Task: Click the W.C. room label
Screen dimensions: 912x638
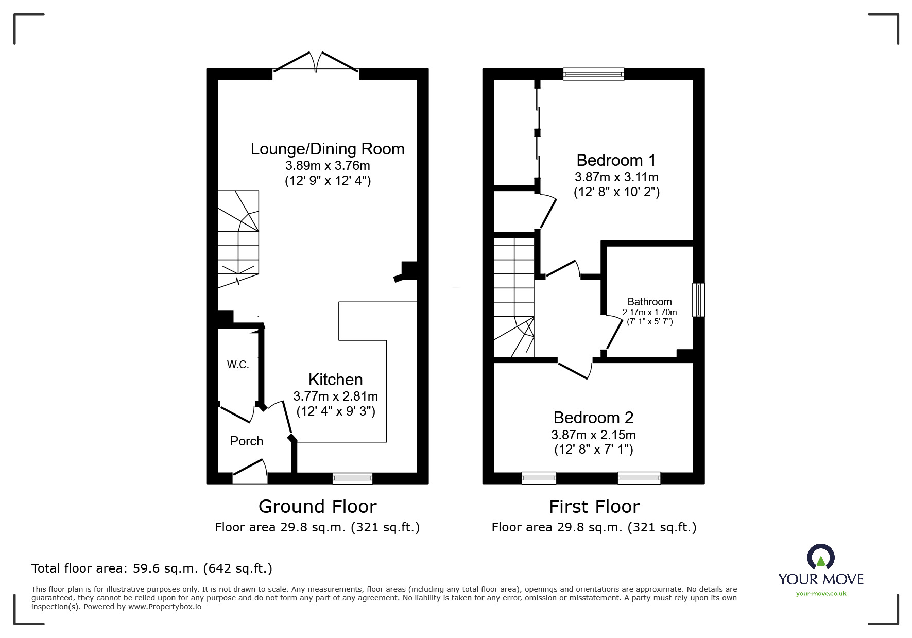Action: pos(238,365)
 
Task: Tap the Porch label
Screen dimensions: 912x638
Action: pos(247,441)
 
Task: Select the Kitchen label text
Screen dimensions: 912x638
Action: pos(336,380)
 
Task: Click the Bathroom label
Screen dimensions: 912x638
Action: pos(649,302)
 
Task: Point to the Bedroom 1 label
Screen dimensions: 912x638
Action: pos(616,160)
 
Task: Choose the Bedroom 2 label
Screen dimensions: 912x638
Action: pos(593,417)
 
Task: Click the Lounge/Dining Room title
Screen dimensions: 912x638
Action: pos(328,149)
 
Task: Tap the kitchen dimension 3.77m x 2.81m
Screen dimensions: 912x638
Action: pos(336,396)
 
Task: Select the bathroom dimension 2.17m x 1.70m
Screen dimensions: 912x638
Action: pos(650,312)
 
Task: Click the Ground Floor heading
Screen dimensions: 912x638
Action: pos(317,507)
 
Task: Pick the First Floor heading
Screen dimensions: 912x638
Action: pos(594,507)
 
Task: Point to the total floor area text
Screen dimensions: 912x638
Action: pos(152,568)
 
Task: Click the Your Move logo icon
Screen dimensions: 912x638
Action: pos(821,557)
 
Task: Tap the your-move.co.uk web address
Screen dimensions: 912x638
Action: pos(821,593)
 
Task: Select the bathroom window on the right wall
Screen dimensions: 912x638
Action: pos(699,300)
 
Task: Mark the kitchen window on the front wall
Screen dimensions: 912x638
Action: pos(352,478)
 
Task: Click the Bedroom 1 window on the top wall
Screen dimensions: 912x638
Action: pos(594,74)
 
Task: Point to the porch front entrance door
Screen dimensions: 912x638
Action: pos(250,473)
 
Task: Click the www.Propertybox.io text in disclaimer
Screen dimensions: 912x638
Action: pos(164,607)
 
